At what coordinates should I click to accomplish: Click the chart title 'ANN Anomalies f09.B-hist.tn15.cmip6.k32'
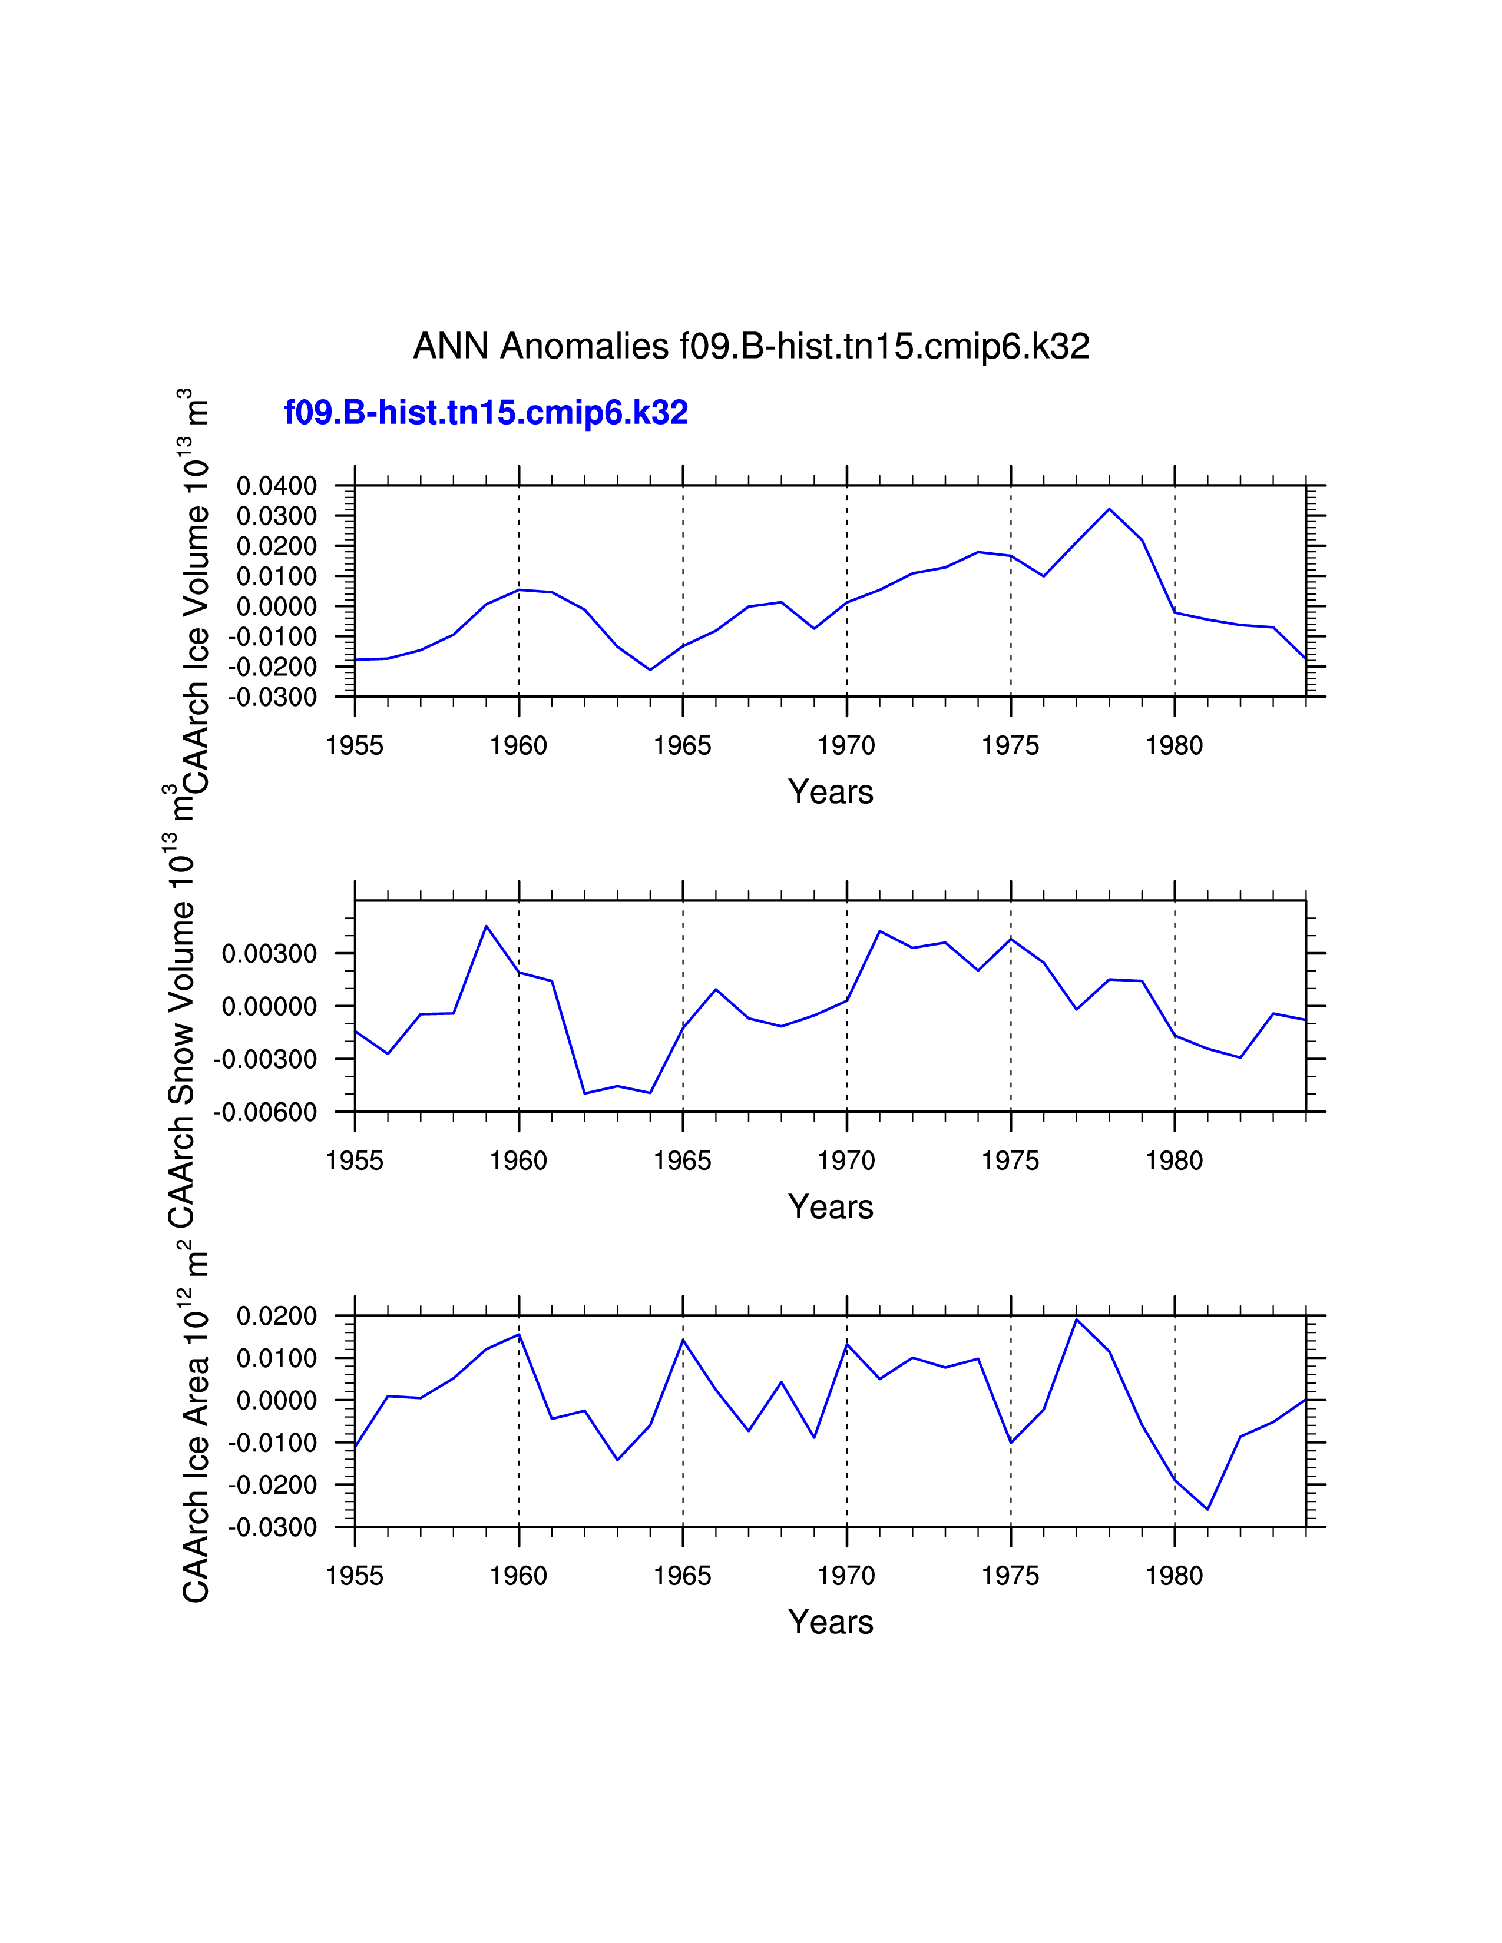coord(751,346)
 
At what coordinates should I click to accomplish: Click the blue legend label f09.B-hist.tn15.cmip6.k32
coord(486,413)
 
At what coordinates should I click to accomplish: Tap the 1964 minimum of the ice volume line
coord(650,670)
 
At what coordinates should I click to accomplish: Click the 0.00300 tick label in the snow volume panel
coord(269,954)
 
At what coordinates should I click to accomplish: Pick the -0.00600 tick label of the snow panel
coord(264,1112)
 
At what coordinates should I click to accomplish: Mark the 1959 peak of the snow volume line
coord(487,926)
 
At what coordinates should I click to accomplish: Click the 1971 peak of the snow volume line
coord(880,931)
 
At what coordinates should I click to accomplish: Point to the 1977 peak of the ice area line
coord(1077,1319)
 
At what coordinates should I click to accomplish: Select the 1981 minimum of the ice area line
coord(1207,1510)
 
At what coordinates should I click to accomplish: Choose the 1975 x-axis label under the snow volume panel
coord(1010,1161)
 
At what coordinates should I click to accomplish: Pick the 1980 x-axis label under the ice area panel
coord(1174,1576)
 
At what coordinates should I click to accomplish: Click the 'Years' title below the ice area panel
coord(830,1622)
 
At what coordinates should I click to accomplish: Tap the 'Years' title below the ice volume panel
coord(830,792)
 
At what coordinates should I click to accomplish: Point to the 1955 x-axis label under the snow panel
coord(355,1161)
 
